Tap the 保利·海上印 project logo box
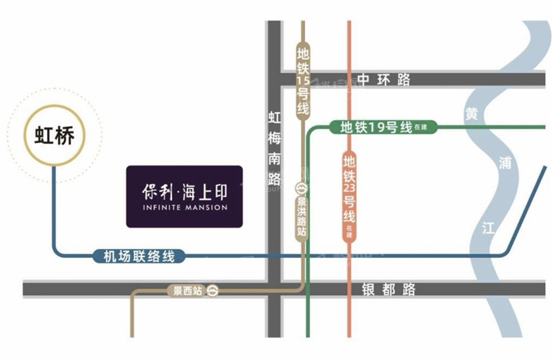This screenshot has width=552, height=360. coord(184,197)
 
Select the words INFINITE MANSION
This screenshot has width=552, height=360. coord(184,208)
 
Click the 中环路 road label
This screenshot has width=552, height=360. coord(385,79)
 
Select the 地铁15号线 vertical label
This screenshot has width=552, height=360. coord(302,81)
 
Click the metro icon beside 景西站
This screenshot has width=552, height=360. coord(214,291)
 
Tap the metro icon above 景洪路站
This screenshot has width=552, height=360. coord(302,188)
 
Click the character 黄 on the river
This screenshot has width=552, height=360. coord(471,114)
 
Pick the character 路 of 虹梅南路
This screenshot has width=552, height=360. coord(274,179)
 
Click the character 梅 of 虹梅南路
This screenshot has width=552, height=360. coord(274,138)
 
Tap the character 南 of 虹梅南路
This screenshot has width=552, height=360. coord(274,158)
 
